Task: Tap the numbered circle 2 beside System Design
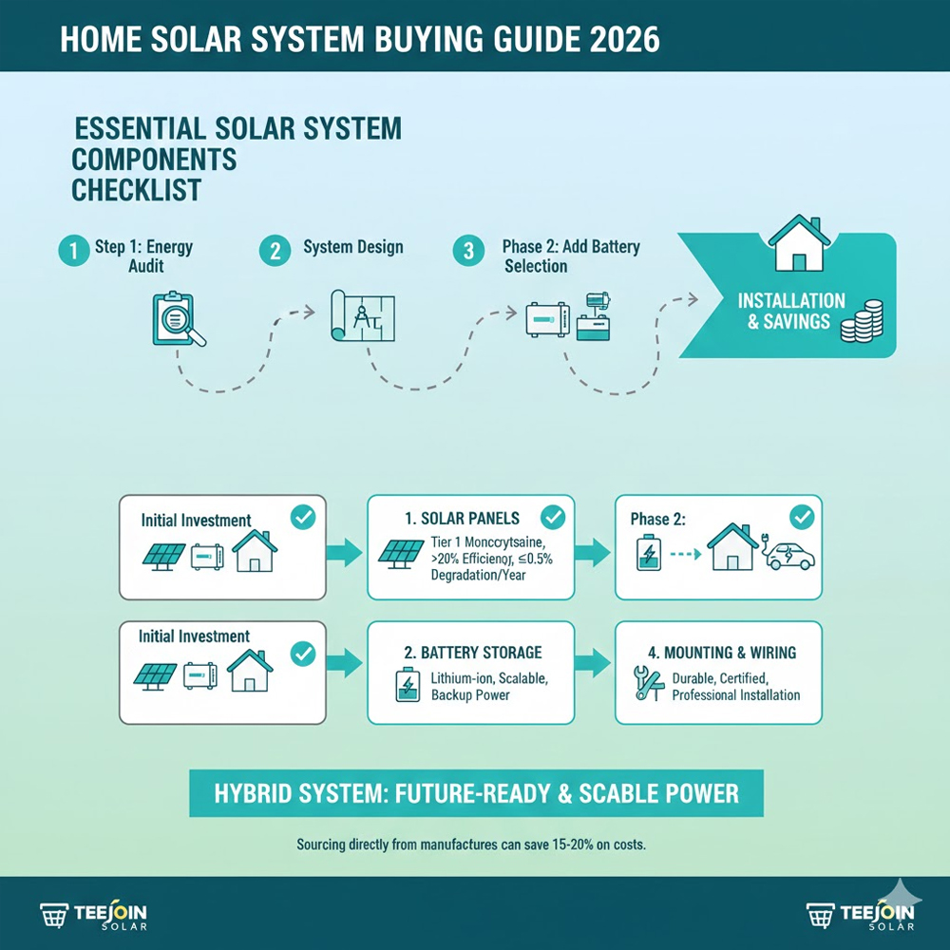[275, 251]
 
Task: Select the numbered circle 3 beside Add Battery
[467, 251]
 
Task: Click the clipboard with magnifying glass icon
[178, 318]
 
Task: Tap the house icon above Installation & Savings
[796, 244]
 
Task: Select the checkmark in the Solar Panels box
[551, 518]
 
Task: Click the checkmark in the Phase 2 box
[802, 518]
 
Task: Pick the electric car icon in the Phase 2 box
[788, 556]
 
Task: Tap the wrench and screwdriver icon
[646, 684]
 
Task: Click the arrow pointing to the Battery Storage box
[346, 662]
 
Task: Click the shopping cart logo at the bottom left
[54, 916]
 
